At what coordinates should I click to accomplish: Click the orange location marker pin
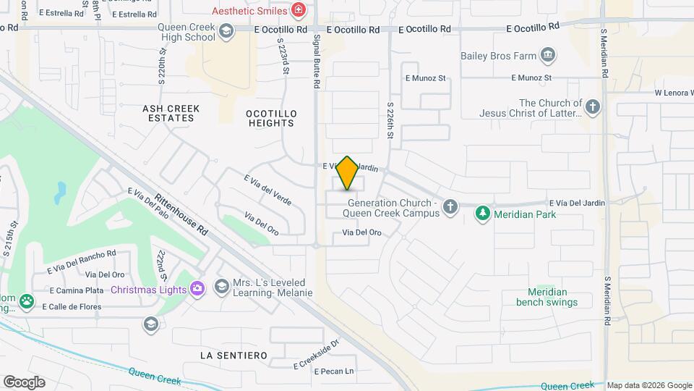[x=348, y=172]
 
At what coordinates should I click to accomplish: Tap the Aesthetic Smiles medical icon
[x=298, y=10]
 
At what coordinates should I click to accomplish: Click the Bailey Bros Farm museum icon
[x=548, y=55]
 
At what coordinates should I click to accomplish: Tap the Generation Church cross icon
[x=450, y=208]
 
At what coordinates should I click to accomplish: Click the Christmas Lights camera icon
[x=197, y=289]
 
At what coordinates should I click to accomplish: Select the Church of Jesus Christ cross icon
[x=593, y=108]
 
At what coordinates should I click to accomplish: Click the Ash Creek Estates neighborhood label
[x=171, y=113]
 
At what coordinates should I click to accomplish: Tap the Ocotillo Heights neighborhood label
[x=270, y=119]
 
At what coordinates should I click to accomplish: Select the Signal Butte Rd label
[x=316, y=64]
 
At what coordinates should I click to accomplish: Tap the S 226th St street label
[x=390, y=120]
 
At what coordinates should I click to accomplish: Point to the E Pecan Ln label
[x=334, y=371]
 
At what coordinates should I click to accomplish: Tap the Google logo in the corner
[x=24, y=382]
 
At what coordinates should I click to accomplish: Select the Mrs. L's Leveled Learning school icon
[x=220, y=287]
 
